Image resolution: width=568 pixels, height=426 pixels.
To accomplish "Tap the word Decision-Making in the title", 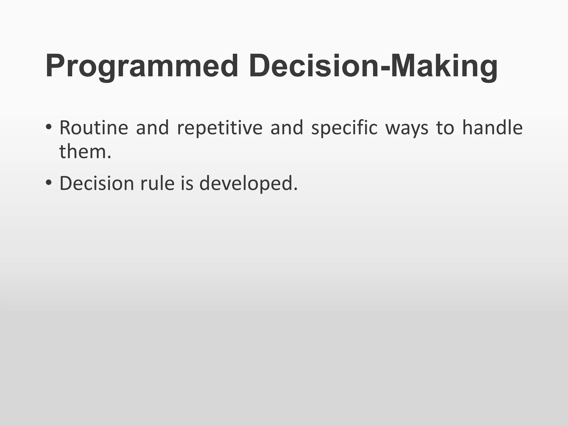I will (373, 67).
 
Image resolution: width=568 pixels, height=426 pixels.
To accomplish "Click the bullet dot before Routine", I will (49, 127).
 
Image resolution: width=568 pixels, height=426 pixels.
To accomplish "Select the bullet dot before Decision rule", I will (49, 183).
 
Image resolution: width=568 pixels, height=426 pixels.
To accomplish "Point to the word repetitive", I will (219, 128).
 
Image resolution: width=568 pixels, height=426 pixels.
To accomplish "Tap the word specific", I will (344, 128).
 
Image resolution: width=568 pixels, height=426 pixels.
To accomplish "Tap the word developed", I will (246, 184).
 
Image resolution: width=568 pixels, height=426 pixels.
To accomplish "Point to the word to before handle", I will (445, 128).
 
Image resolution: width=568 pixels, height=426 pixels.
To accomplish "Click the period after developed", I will (295, 189).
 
